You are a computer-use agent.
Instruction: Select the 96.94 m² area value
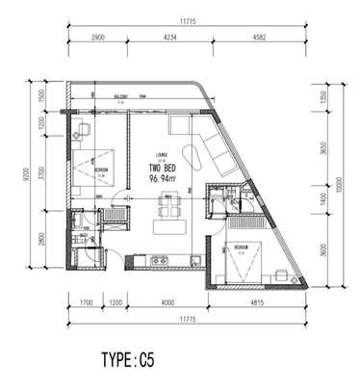click(x=166, y=178)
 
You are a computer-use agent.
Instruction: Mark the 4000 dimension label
click(x=167, y=301)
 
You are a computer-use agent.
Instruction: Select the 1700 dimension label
click(x=85, y=301)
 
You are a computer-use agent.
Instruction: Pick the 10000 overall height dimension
click(x=343, y=183)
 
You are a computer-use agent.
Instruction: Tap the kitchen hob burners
click(x=159, y=260)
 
